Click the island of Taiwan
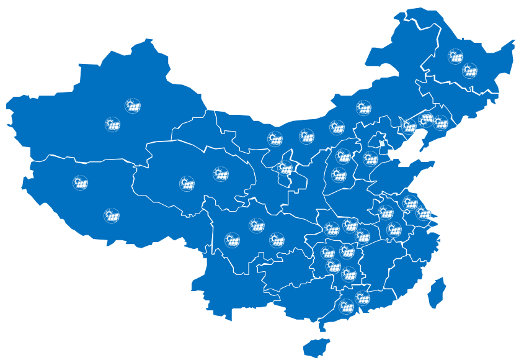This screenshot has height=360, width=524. pyautogui.click(x=437, y=292)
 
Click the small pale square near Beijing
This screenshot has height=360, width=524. pyautogui.click(x=383, y=145)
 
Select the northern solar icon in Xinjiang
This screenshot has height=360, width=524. pyautogui.click(x=132, y=106)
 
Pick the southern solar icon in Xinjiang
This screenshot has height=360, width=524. pyautogui.click(x=112, y=124)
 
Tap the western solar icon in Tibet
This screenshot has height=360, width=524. pyautogui.click(x=80, y=183)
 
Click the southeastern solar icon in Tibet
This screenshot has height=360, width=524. pyautogui.click(x=112, y=215)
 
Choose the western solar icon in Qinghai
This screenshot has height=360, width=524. pyautogui.click(x=187, y=183)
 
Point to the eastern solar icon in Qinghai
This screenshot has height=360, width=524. pyautogui.click(x=220, y=174)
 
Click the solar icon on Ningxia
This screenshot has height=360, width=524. pyautogui.click(x=285, y=168)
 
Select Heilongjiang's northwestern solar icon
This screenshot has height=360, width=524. pyautogui.click(x=455, y=56)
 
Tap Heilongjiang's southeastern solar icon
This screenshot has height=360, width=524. pyautogui.click(x=470, y=71)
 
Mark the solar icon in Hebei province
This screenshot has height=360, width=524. pyautogui.click(x=370, y=159)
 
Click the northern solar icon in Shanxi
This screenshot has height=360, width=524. pyautogui.click(x=343, y=156)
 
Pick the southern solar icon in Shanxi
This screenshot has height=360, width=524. pyautogui.click(x=339, y=175)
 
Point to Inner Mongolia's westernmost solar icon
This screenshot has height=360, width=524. pyautogui.click(x=275, y=138)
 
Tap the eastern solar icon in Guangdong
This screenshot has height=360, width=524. pyautogui.click(x=362, y=298)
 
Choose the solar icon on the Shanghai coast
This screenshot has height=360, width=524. pyautogui.click(x=424, y=213)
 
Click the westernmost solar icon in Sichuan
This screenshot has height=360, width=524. pyautogui.click(x=232, y=240)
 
